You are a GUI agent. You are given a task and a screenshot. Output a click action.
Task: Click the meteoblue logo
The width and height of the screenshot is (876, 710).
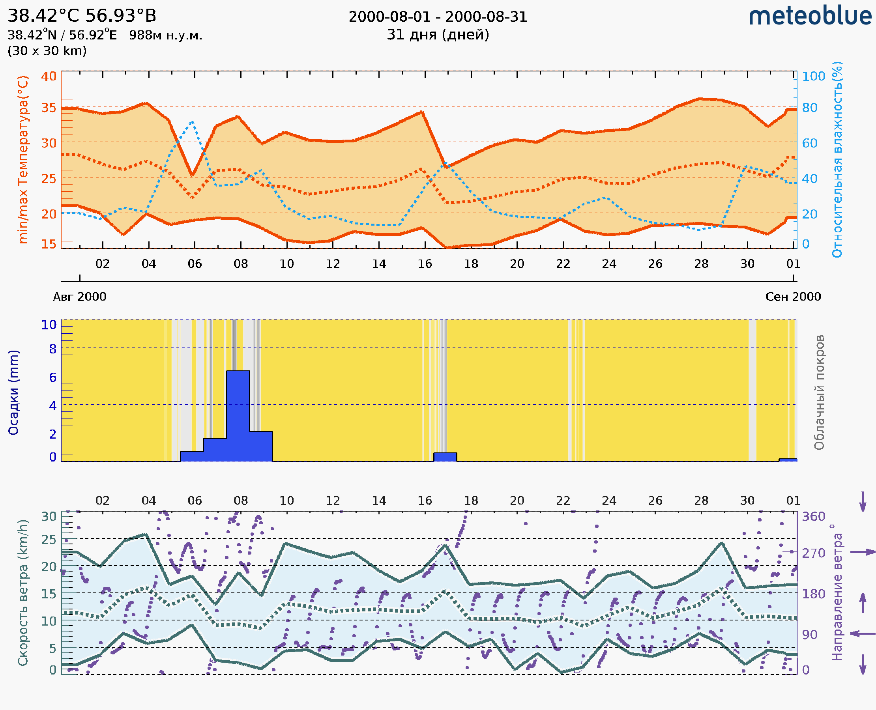coord(810,16)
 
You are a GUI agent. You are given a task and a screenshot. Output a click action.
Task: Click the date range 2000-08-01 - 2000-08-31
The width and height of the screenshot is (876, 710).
coord(438,17)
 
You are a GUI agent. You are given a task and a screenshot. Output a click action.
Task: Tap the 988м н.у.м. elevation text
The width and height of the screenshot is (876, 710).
coord(165,35)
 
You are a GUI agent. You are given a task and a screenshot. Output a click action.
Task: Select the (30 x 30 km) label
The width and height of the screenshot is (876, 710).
coord(47,51)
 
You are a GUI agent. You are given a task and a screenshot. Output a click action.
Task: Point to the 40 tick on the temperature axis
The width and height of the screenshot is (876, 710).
coord(49,77)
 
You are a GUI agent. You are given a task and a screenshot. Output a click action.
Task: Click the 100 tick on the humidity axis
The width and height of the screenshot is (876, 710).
coord(813,77)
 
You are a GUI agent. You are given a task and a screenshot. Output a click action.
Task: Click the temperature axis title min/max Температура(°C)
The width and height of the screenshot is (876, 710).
coord(23,159)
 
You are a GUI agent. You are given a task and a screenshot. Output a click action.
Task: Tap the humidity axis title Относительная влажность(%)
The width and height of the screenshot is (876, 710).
coord(837,159)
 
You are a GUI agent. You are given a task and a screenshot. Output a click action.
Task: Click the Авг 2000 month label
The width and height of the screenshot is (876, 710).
coord(79,297)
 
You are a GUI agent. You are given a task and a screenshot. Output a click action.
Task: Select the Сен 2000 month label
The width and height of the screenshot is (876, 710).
coord(793,297)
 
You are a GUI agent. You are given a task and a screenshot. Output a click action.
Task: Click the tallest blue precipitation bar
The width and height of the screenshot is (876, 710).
coord(238,415)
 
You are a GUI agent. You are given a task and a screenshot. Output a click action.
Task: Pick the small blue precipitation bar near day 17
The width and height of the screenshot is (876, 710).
coord(445,457)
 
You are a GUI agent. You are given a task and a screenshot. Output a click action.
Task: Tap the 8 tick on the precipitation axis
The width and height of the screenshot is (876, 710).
coord(53,349)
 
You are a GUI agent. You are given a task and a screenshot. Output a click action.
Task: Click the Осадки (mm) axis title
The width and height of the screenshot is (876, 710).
coord(13,392)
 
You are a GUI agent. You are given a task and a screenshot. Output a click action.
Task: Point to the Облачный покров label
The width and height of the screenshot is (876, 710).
coord(819,392)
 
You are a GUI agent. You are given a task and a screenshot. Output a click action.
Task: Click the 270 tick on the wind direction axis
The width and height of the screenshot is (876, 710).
coord(813,553)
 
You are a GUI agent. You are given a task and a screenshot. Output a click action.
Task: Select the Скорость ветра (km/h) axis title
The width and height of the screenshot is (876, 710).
coord(23,593)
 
